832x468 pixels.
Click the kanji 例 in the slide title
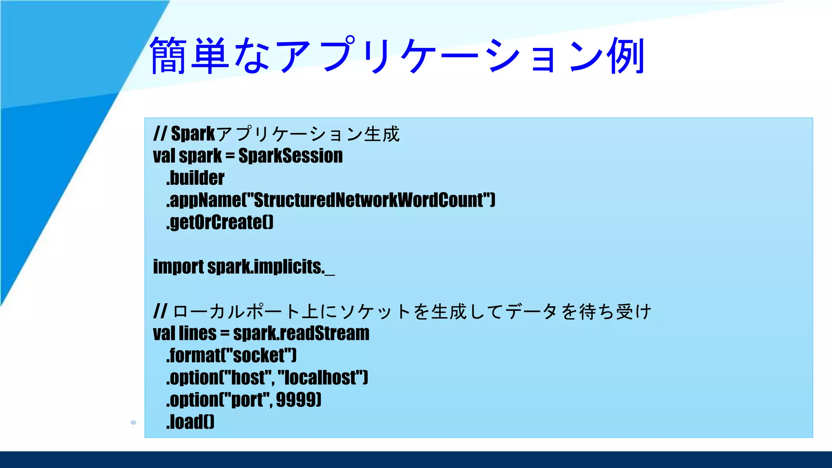click(626, 56)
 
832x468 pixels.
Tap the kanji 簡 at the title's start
click(169, 56)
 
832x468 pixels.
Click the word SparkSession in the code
click(290, 156)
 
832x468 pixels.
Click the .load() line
click(190, 422)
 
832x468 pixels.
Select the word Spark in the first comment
click(193, 134)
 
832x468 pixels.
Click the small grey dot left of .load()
click(133, 422)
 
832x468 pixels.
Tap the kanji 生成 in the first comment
click(382, 134)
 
